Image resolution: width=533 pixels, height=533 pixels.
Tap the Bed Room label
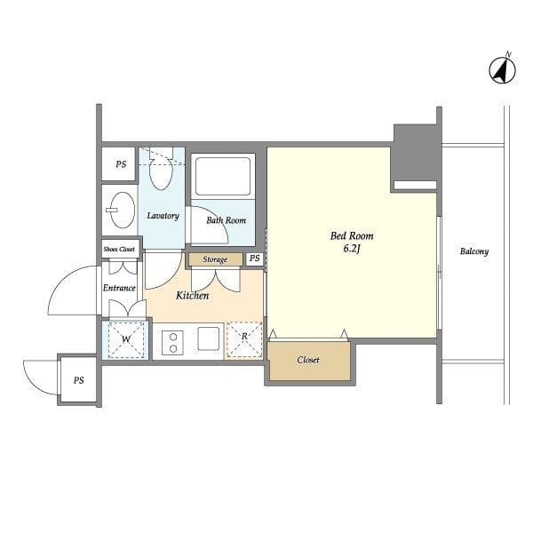tap(352, 235)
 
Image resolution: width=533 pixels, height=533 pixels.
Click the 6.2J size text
tap(352, 249)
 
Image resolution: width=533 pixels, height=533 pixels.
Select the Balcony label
tap(474, 251)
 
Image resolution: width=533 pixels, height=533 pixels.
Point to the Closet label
tap(308, 360)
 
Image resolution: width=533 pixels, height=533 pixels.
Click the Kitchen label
tap(193, 296)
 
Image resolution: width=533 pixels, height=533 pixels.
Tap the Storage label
tap(215, 259)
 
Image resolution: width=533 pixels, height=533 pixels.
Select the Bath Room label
tap(226, 220)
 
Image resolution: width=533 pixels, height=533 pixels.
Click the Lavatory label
tap(163, 216)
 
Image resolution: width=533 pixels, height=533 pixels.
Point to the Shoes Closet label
tap(119, 249)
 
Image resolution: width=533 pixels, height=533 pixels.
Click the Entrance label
tap(119, 288)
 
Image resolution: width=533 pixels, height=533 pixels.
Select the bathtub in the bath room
tap(223, 177)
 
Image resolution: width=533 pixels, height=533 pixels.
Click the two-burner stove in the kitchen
tap(172, 343)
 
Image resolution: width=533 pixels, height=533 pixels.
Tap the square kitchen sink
tap(209, 338)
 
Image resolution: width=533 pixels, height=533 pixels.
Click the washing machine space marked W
tap(126, 339)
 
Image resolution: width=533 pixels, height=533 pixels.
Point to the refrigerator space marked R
tap(244, 339)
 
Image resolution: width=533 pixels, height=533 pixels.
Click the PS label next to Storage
tap(255, 259)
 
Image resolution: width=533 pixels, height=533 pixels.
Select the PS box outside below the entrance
tap(78, 380)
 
